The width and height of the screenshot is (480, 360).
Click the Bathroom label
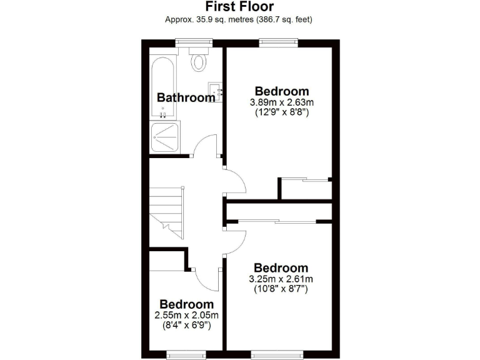[x=186, y=97]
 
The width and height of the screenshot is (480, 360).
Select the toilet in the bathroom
[x=199, y=61]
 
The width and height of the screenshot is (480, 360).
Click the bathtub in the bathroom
[x=164, y=87]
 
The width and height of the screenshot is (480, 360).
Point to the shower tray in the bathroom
[x=165, y=137]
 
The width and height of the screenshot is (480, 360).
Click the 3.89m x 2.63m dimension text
[x=281, y=102]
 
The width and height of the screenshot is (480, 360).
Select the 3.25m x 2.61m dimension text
[x=281, y=279]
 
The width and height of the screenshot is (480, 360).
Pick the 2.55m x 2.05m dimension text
[x=186, y=315]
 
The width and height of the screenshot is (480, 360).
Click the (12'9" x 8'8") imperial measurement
[x=281, y=113]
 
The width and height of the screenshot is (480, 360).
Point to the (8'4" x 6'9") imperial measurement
[x=186, y=325]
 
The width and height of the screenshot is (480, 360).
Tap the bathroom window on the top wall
[x=194, y=42]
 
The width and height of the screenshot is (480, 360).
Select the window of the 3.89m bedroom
[x=277, y=42]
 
